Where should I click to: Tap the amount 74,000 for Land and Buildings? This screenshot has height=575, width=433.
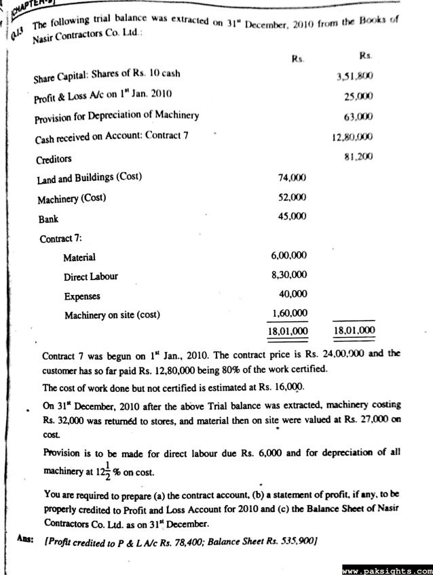(293, 177)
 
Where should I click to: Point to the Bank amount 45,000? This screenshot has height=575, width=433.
(293, 218)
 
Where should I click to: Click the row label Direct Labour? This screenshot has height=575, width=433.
(91, 277)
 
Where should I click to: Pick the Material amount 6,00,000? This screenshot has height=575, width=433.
(288, 256)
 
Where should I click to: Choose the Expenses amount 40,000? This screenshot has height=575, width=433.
(293, 294)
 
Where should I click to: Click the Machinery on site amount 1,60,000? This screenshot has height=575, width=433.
(288, 313)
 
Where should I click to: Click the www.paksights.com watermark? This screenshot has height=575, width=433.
(387, 568)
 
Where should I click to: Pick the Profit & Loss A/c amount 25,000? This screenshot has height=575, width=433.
(357, 96)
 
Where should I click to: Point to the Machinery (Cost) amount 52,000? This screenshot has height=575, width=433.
(293, 197)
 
